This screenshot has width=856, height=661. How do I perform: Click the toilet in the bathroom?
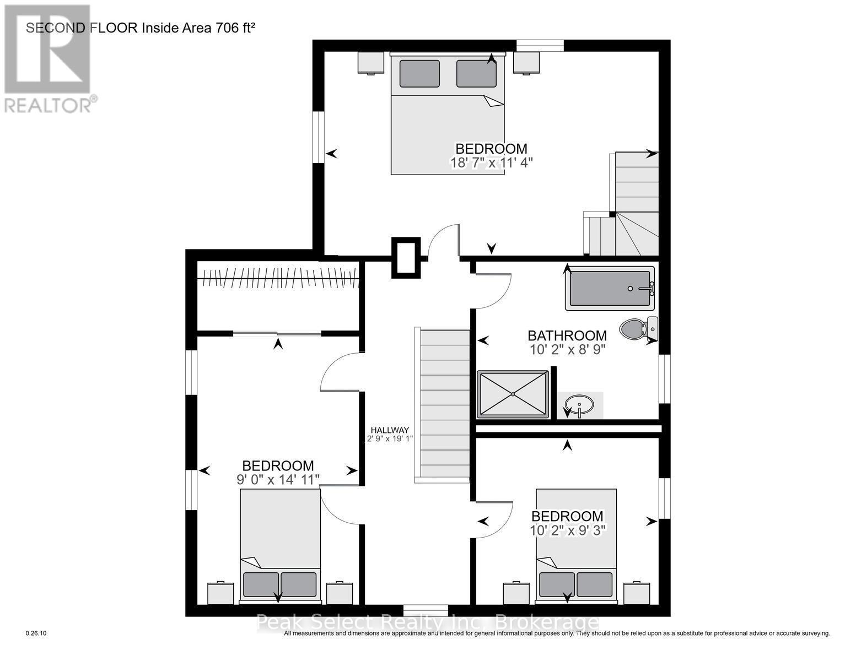point(637,329)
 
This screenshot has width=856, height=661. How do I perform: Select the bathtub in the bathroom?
point(610,288)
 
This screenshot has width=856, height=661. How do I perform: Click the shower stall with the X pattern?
point(513,394)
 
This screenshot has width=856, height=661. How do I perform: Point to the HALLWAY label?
point(390,430)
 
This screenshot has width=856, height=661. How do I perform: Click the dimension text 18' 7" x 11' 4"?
point(491,163)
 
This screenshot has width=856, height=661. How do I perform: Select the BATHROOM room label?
point(567,335)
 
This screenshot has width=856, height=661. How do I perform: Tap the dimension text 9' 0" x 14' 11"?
point(278,479)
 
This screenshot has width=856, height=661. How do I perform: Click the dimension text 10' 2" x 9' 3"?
point(567,530)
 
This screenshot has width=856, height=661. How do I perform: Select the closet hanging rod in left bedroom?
point(278,279)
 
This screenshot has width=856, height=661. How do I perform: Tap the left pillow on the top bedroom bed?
point(419,73)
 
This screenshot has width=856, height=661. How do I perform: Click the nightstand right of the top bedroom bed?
point(526,62)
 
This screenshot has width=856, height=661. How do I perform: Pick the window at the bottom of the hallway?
point(425,610)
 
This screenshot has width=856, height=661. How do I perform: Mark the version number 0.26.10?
point(37,633)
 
